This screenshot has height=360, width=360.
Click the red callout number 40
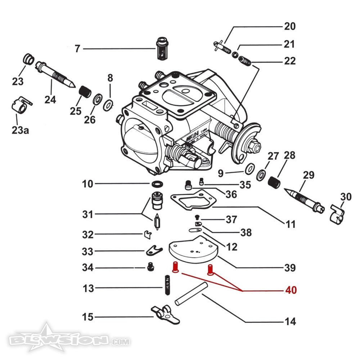pos(291,290)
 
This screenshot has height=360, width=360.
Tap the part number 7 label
pos(77,48)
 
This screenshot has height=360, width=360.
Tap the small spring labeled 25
pos(85,91)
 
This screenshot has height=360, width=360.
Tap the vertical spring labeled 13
pos(167,285)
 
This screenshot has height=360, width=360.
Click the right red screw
pos(211,270)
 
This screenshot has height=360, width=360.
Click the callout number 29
pos(308,176)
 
